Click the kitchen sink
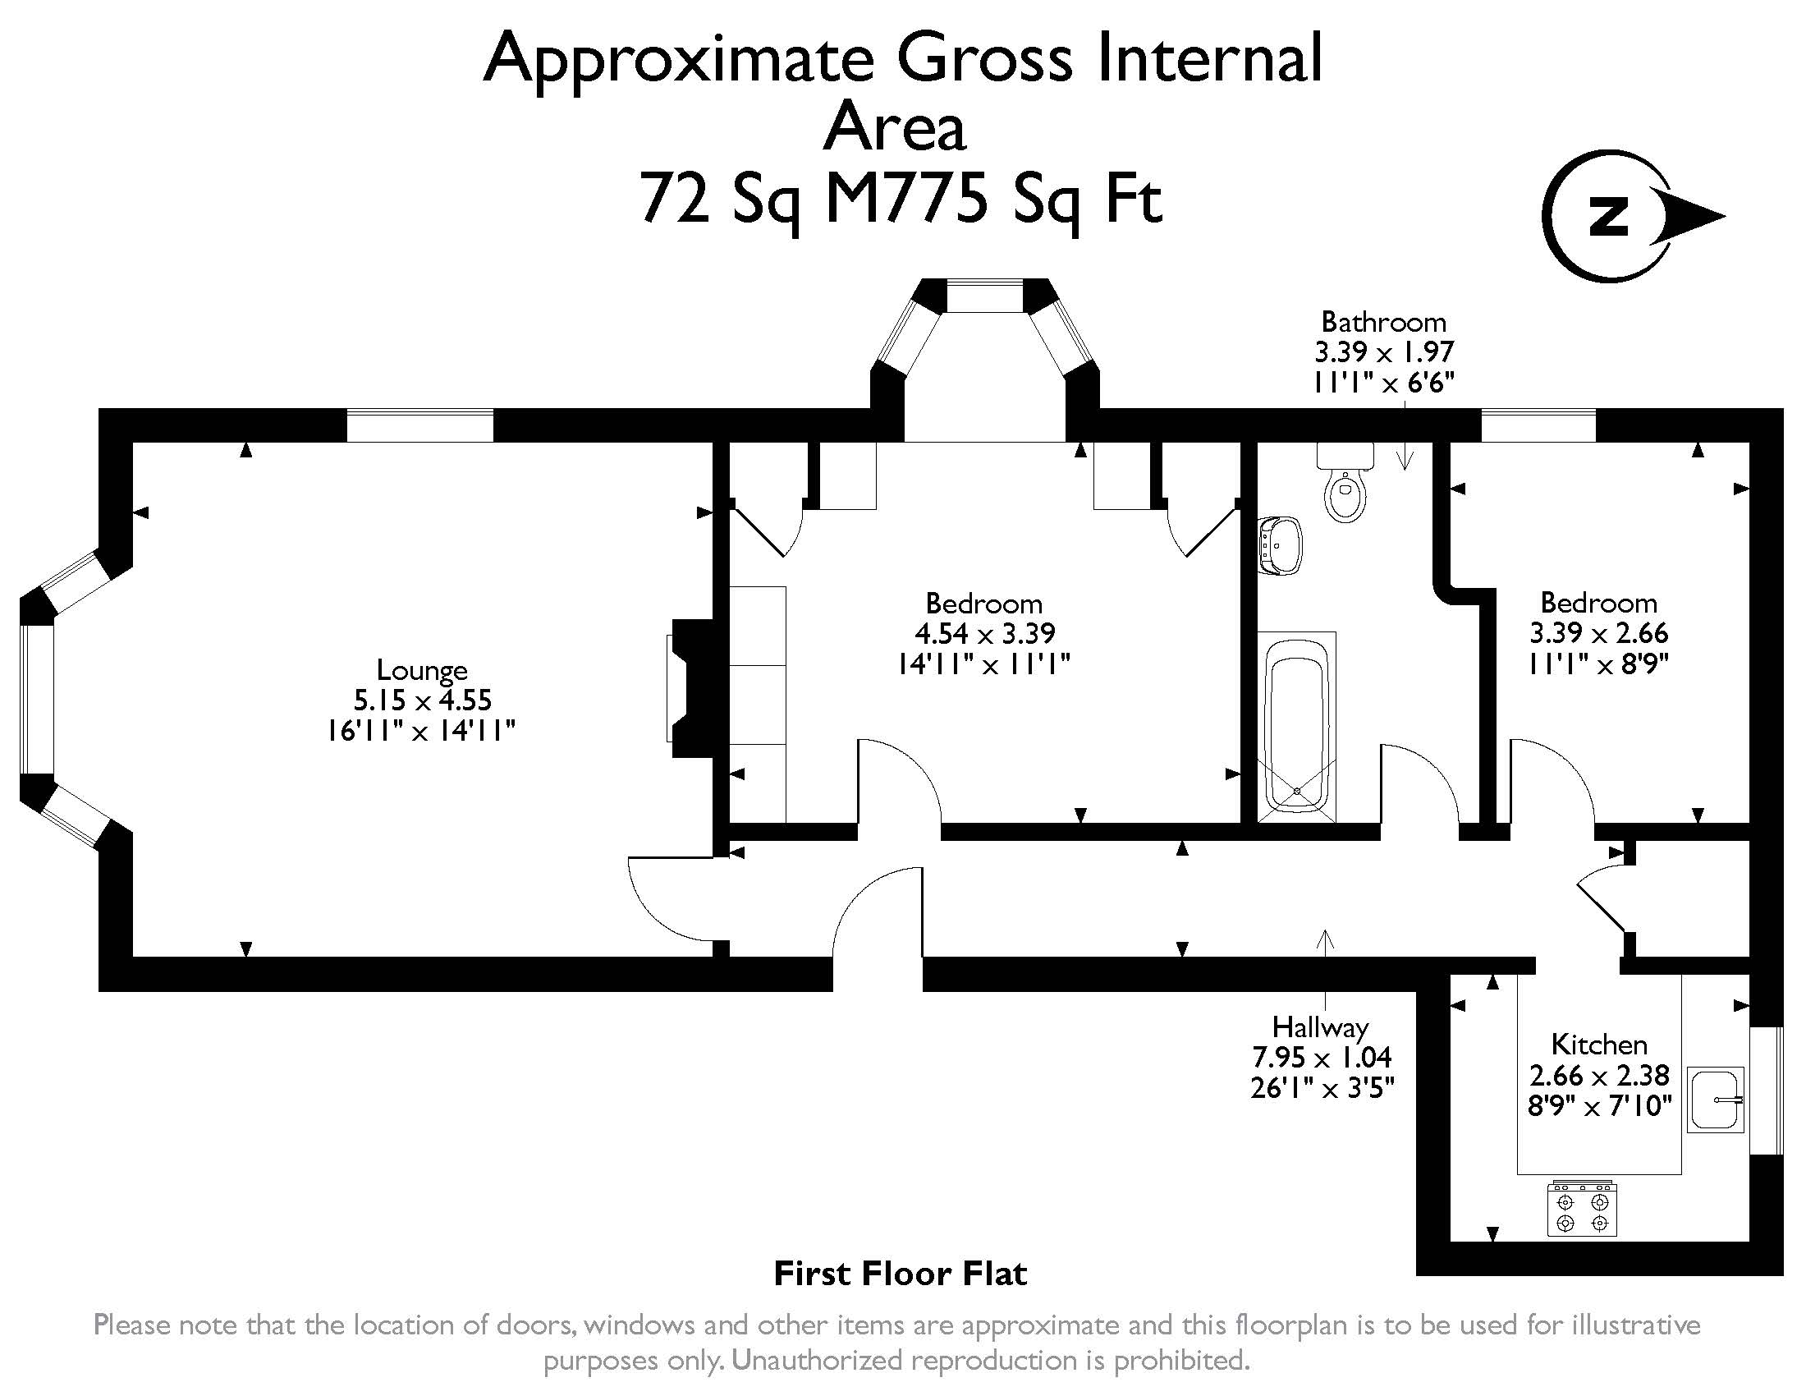click(x=1715, y=1099)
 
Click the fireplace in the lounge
click(x=691, y=688)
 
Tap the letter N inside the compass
click(x=1609, y=217)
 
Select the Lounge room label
click(x=422, y=669)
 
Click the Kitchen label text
click(x=1599, y=1045)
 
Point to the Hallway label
click(x=1321, y=1028)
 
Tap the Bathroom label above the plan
click(x=1383, y=321)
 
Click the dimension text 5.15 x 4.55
click(x=423, y=700)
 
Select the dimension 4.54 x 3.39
click(x=985, y=633)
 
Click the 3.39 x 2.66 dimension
click(x=1598, y=633)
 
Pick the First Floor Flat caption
click(x=901, y=1274)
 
